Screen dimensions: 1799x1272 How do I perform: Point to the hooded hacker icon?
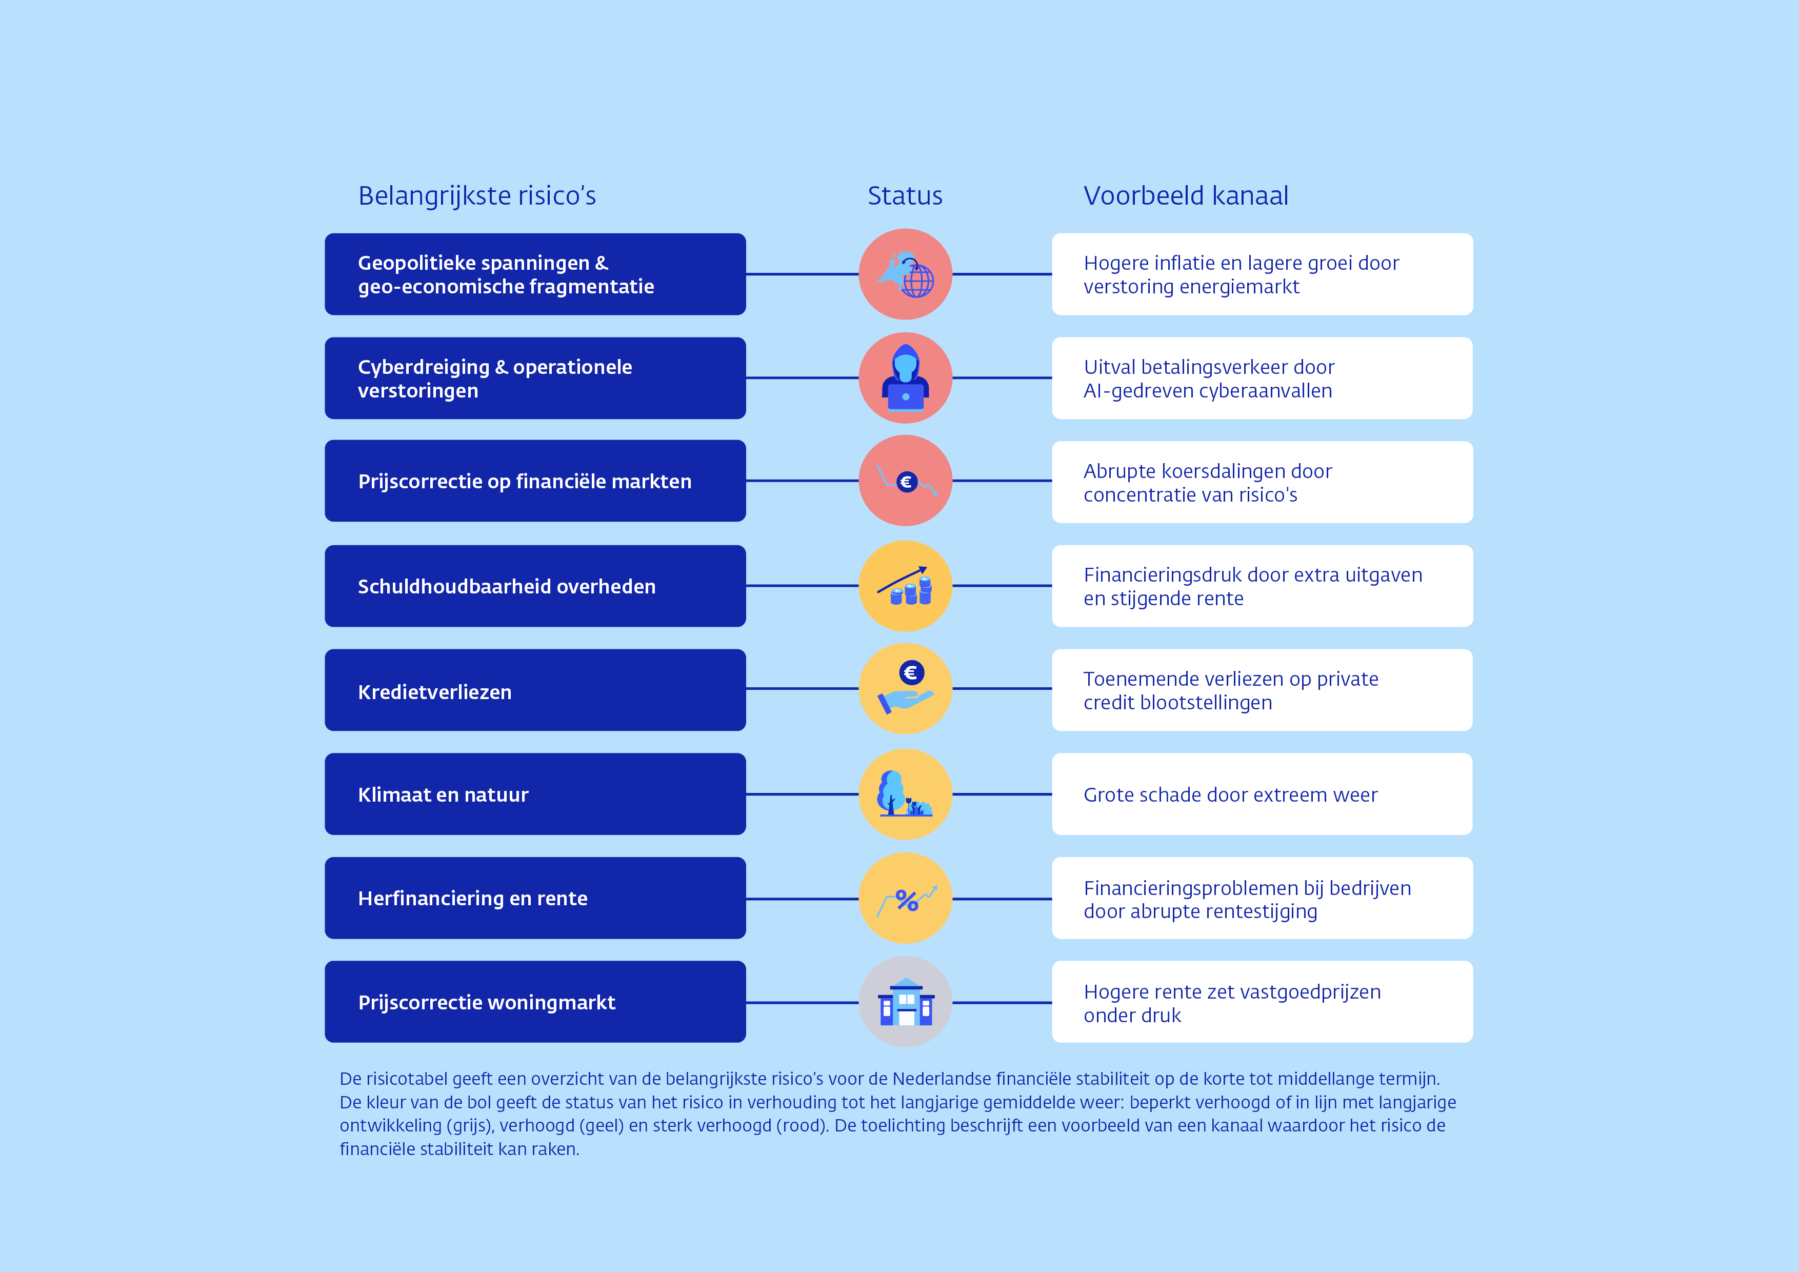(x=905, y=378)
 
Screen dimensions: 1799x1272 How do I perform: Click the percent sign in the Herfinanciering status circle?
(x=907, y=901)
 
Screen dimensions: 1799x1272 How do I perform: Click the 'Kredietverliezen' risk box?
(x=535, y=690)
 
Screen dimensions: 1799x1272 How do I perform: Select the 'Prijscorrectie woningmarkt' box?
(x=535, y=1002)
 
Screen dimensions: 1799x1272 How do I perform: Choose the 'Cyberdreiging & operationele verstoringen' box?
(x=535, y=379)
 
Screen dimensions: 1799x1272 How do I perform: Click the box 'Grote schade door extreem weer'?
(x=1262, y=794)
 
